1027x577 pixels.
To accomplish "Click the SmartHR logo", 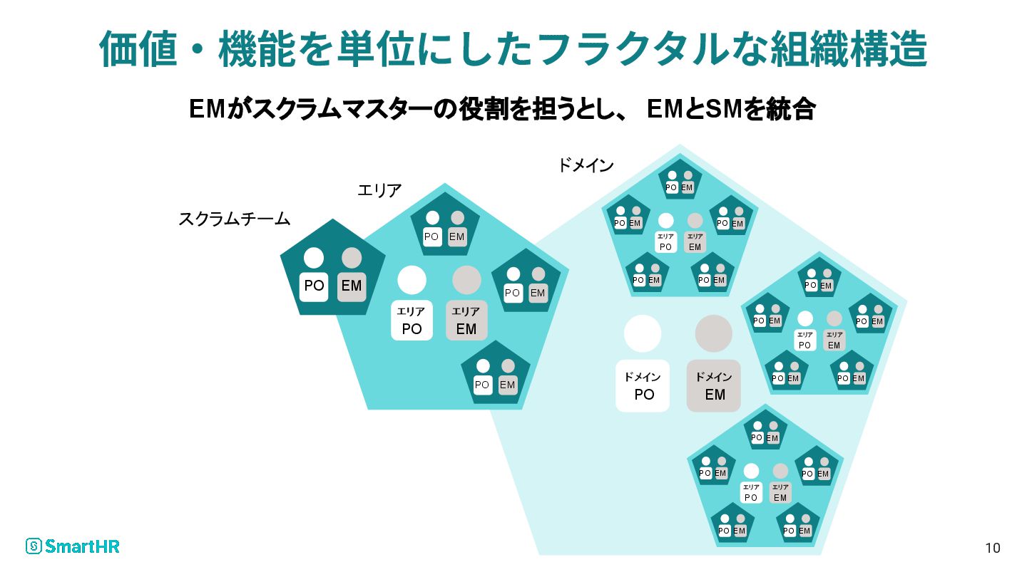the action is tap(72, 546).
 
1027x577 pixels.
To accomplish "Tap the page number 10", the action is tap(992, 548).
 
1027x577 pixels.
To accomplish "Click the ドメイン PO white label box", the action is tap(643, 386).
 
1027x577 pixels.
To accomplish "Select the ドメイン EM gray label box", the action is tap(714, 386).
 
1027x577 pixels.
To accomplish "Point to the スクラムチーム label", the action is tap(234, 219).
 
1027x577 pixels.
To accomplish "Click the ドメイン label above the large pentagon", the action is tap(586, 166).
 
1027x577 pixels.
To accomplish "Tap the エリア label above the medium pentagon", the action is tap(379, 190).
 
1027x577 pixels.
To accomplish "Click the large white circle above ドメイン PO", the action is tap(643, 333).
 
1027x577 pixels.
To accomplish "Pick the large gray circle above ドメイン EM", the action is tap(714, 333).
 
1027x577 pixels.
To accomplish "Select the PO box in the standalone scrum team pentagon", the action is tap(314, 286).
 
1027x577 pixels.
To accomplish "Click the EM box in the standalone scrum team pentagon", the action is tap(352, 286).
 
